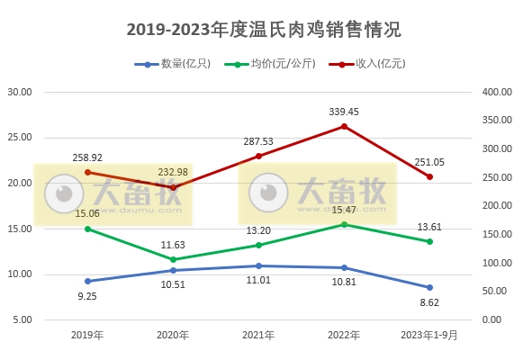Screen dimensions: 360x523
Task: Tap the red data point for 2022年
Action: [x=344, y=126]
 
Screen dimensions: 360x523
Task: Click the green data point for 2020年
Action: [x=174, y=259]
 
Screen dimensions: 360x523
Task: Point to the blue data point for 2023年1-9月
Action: [x=429, y=287]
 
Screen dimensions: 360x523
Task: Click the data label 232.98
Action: [x=174, y=171]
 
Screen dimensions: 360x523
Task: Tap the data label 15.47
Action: [x=344, y=209]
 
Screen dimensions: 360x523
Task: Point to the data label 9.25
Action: [x=87, y=296]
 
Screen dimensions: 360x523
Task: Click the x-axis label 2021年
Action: [x=258, y=335]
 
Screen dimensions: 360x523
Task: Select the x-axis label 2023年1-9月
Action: [x=429, y=335]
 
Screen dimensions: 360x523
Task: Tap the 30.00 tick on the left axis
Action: [x=20, y=92]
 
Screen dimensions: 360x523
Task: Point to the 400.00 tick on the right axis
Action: [x=496, y=92]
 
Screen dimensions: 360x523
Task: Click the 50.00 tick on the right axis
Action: [x=496, y=292]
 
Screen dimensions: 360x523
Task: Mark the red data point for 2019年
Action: [x=87, y=172]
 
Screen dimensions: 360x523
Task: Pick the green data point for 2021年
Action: [x=258, y=245]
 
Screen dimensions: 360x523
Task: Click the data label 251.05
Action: [x=429, y=161]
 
